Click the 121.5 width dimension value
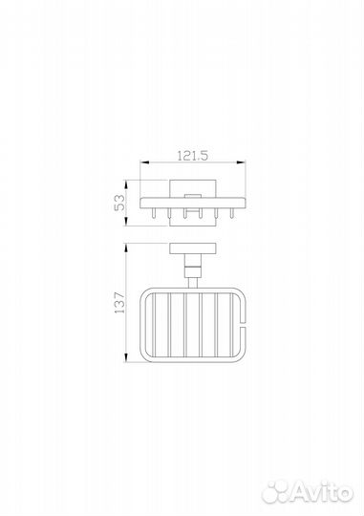(x=193, y=156)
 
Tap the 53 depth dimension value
(x=119, y=203)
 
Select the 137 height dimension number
(x=119, y=302)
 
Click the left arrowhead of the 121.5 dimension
(x=145, y=161)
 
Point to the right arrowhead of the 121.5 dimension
(x=241, y=161)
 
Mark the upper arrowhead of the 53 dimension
(x=126, y=184)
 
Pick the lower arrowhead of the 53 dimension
(x=126, y=221)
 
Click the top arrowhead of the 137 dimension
(x=126, y=248)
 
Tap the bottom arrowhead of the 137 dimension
(x=126, y=357)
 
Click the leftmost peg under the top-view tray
(x=153, y=214)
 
